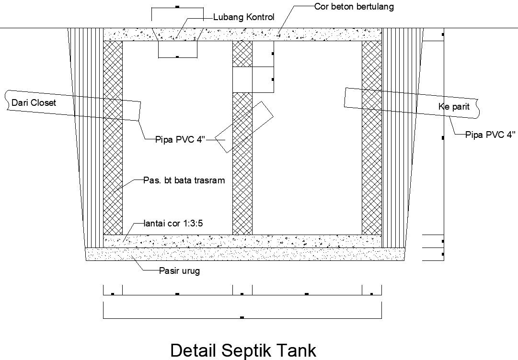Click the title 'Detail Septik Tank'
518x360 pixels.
pyautogui.click(x=243, y=350)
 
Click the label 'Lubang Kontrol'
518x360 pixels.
pyautogui.click(x=243, y=18)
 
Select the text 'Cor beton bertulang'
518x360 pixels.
pyautogui.click(x=354, y=7)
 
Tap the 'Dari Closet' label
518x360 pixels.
pyautogui.click(x=34, y=102)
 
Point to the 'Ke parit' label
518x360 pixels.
pyautogui.click(x=453, y=106)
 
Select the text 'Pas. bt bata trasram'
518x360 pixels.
pyautogui.click(x=184, y=180)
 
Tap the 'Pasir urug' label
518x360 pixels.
pyautogui.click(x=179, y=271)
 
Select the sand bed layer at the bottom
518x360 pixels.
pyautogui.click(x=245, y=254)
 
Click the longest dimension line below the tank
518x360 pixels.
pyautogui.click(x=242, y=318)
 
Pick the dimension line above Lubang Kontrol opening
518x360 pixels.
pyautogui.click(x=177, y=8)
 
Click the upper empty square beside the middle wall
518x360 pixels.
pyautogui.click(x=263, y=54)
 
